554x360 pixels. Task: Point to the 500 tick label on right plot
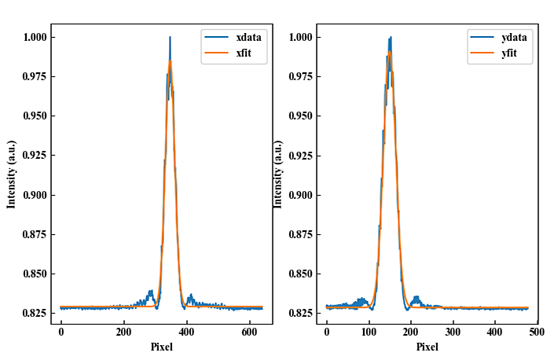(536, 332)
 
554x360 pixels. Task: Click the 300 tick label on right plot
(453, 332)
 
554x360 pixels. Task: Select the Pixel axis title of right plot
(427, 347)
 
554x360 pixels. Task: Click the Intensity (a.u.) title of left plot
(12, 174)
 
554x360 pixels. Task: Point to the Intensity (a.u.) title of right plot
(277, 174)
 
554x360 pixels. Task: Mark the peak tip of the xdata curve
(170, 37)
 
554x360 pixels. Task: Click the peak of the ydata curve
(390, 37)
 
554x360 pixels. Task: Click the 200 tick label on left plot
(123, 332)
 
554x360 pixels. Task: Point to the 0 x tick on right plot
(327, 332)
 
